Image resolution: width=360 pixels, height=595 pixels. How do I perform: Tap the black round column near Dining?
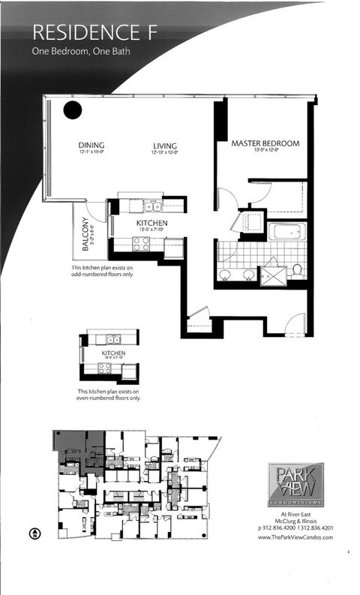pyautogui.click(x=71, y=110)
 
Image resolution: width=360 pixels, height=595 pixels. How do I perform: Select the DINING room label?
pyautogui.click(x=91, y=146)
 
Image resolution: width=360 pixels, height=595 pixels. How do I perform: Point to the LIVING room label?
pyautogui.click(x=164, y=146)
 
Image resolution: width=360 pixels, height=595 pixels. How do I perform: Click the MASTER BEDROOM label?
pyautogui.click(x=265, y=143)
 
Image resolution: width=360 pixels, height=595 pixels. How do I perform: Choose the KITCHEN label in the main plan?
pyautogui.click(x=151, y=224)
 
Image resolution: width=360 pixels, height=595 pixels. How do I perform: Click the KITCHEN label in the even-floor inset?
pyautogui.click(x=113, y=353)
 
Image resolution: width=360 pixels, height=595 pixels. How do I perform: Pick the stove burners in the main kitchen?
pyautogui.click(x=141, y=243)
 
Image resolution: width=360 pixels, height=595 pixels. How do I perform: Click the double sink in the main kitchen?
pyautogui.click(x=154, y=206)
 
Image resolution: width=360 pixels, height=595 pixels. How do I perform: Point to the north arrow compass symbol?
pyautogui.click(x=34, y=533)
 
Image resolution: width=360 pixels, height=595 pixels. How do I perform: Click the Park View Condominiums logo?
pyautogui.click(x=295, y=484)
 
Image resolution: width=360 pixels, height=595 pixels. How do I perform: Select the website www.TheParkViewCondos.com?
pyautogui.click(x=295, y=547)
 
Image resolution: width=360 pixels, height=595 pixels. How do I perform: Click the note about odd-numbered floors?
pyautogui.click(x=109, y=271)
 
